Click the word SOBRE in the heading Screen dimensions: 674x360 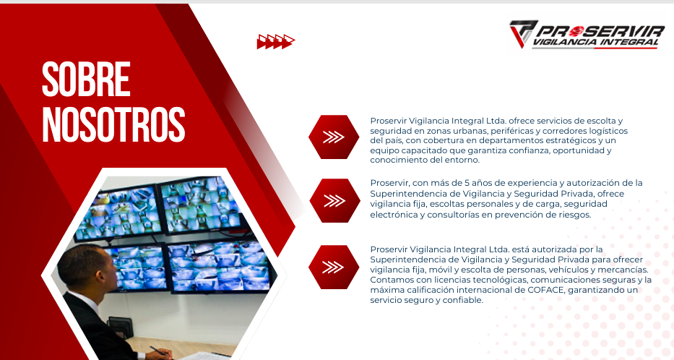click(x=86, y=80)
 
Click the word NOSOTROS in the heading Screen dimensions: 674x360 click(x=113, y=124)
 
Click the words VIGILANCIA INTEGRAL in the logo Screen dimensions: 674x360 click(x=595, y=42)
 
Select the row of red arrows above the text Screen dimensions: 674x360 click(x=275, y=42)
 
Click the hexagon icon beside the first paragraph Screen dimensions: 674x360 click(x=334, y=137)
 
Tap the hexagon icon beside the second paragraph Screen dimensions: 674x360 click(x=334, y=201)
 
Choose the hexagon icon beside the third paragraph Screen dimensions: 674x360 click(x=334, y=267)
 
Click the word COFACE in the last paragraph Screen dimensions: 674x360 click(x=545, y=290)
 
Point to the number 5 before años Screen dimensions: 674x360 click(x=467, y=183)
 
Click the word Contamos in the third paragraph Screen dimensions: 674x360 click(x=388, y=280)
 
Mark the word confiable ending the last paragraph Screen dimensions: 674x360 click(x=465, y=300)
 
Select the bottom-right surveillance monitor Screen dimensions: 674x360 click(x=220, y=266)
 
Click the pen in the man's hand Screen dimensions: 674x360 click(x=157, y=351)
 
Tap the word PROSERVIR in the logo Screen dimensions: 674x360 click(x=600, y=30)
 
